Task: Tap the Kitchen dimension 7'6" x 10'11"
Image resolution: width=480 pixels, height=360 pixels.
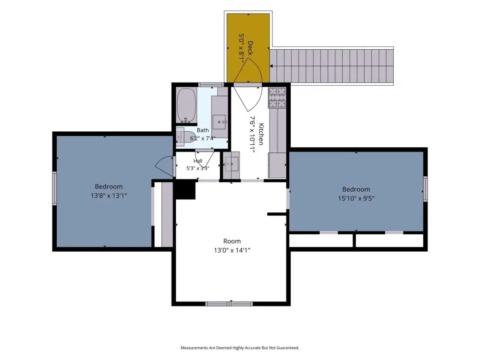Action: (252, 134)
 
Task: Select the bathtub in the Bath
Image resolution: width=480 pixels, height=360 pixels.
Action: (186, 105)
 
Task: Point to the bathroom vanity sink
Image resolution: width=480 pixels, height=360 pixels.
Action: (220, 122)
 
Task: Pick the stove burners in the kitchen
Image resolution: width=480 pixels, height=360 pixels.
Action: (277, 97)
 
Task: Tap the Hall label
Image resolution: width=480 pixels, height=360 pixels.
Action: (198, 161)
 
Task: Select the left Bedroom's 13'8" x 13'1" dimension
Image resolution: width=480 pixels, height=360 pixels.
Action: (109, 195)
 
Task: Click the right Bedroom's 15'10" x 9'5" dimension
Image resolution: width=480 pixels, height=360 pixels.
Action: (356, 198)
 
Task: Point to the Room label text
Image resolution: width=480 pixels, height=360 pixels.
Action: (232, 241)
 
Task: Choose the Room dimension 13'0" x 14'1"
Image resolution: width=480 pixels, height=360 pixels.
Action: (232, 250)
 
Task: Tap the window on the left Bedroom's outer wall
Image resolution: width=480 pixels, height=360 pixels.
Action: (54, 188)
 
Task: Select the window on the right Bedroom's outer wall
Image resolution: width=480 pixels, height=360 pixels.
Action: (425, 189)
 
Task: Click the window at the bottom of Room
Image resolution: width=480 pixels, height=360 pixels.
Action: (229, 304)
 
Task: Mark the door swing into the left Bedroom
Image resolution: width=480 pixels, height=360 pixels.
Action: (165, 166)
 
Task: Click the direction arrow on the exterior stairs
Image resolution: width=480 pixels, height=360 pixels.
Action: (271, 66)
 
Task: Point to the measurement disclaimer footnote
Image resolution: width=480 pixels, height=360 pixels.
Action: (240, 348)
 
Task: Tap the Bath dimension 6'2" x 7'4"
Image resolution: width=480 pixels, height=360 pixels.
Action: (202, 138)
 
